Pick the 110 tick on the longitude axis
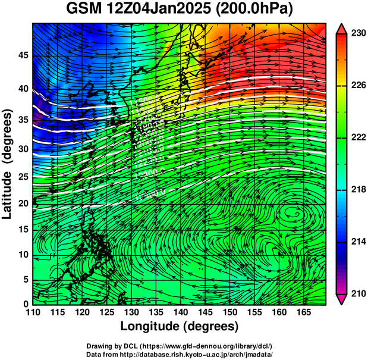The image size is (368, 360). point(33,312)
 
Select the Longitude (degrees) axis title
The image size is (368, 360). point(180,326)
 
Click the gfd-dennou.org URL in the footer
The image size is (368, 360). point(203,346)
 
